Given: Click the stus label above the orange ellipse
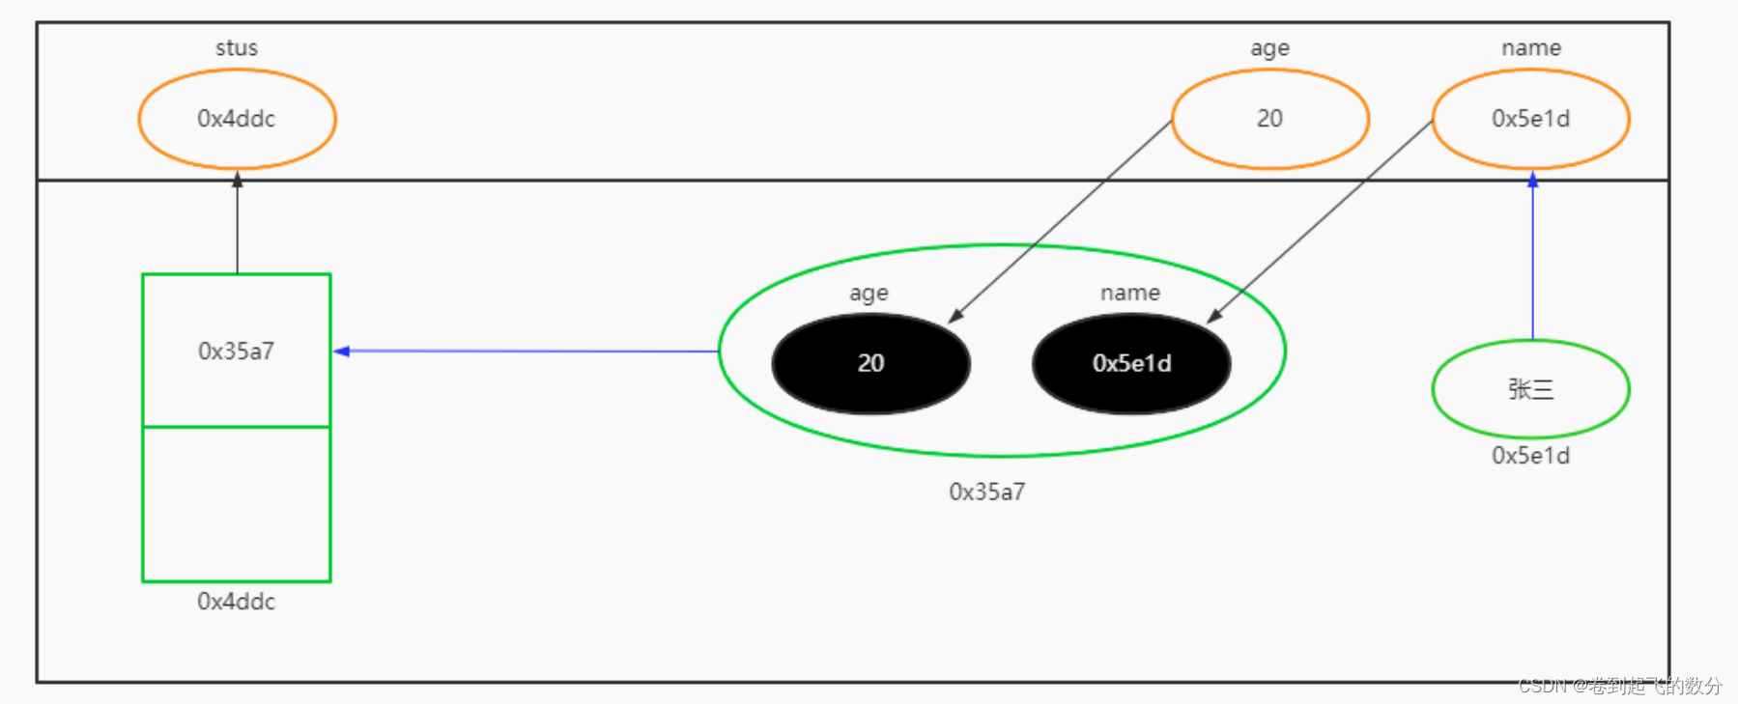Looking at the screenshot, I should [x=237, y=48].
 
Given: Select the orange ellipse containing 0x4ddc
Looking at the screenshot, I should [x=237, y=119].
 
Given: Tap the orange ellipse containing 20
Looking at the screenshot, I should [x=1269, y=119].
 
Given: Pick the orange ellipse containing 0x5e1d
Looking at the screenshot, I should [x=1530, y=119].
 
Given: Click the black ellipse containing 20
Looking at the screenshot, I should [x=870, y=363].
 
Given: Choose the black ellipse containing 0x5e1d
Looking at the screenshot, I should [x=1131, y=363].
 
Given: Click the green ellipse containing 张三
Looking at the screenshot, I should [x=1530, y=389].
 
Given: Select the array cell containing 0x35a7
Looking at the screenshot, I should [x=237, y=351].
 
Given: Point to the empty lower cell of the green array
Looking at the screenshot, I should [x=237, y=504].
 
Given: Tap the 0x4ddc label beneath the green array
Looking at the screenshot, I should [x=237, y=602].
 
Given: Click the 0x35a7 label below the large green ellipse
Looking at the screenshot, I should [x=987, y=493].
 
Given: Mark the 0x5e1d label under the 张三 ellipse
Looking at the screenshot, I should [x=1530, y=456].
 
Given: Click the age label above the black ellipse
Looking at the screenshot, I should [x=869, y=294].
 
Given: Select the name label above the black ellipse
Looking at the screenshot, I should [x=1130, y=294].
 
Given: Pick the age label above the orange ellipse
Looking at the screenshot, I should [x=1269, y=48].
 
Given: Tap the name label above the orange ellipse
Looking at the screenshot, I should [x=1530, y=48].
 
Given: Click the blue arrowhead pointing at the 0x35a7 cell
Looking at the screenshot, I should [x=341, y=352].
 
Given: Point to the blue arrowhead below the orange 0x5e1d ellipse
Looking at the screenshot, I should [x=1532, y=180].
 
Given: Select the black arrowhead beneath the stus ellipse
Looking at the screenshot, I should [x=237, y=180].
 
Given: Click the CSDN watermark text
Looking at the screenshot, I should [x=1619, y=686].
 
